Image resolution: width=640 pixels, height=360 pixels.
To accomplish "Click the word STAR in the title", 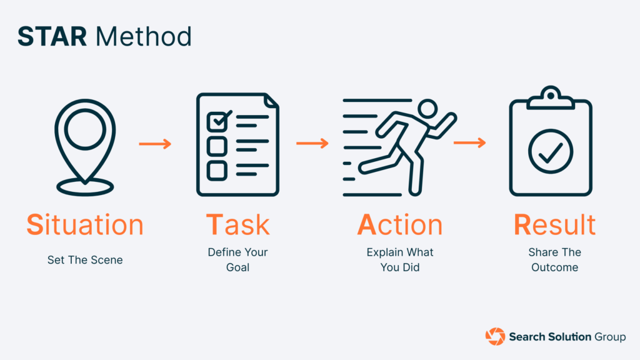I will (x=52, y=37).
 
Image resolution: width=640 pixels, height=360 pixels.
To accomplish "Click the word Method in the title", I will (x=144, y=37).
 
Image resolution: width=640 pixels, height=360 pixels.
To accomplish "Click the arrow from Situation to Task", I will (x=154, y=144).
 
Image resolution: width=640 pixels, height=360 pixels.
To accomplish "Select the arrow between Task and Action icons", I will (x=312, y=144).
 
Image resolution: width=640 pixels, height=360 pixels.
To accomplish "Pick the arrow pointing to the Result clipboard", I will (x=469, y=144).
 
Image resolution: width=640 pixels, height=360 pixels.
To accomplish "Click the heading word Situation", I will (x=85, y=225).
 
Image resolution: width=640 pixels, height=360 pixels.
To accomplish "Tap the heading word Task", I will (x=237, y=225).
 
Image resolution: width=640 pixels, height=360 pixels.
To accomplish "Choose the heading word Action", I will (x=399, y=225).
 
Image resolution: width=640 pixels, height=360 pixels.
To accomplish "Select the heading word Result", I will (x=554, y=225).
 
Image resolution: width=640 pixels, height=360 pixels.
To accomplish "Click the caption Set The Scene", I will (x=85, y=260).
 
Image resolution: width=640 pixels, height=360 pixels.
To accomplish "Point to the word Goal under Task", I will (x=237, y=267).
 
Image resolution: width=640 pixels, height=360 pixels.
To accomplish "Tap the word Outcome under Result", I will (x=554, y=267).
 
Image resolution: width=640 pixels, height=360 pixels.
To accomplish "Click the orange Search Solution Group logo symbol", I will (x=495, y=336).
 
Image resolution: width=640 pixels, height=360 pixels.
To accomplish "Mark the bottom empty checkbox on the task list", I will (x=216, y=169).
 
